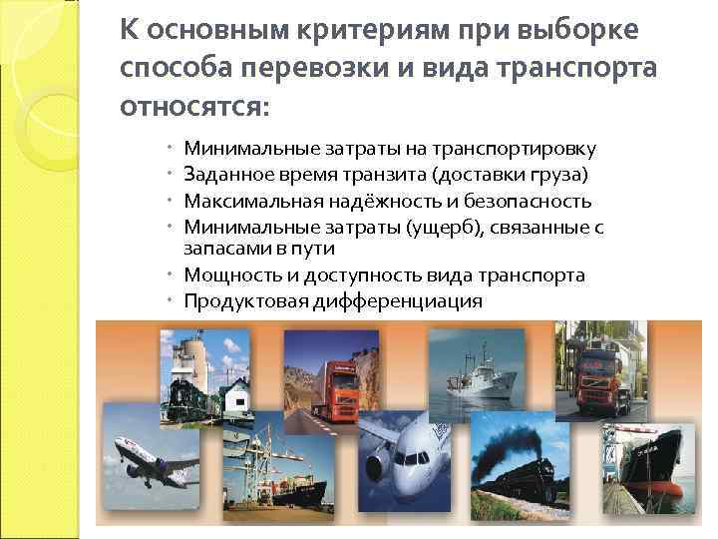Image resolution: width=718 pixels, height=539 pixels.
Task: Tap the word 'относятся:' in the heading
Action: tap(194, 105)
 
